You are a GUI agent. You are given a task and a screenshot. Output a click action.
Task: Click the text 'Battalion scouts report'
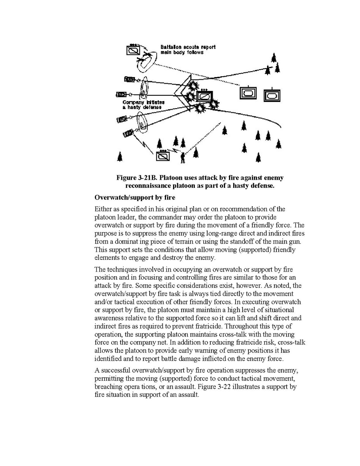click(x=188, y=47)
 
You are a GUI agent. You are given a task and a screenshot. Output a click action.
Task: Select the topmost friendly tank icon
click(x=129, y=79)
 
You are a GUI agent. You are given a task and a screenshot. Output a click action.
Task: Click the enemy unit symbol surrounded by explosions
click(x=204, y=96)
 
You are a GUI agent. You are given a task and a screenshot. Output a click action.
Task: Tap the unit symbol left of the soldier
click(x=163, y=156)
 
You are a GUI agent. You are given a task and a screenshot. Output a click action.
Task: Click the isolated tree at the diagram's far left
click(x=120, y=156)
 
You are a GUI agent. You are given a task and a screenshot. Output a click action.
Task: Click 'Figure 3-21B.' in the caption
click(x=134, y=178)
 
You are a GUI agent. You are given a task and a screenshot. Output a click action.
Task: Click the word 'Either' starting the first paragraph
click(x=103, y=209)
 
